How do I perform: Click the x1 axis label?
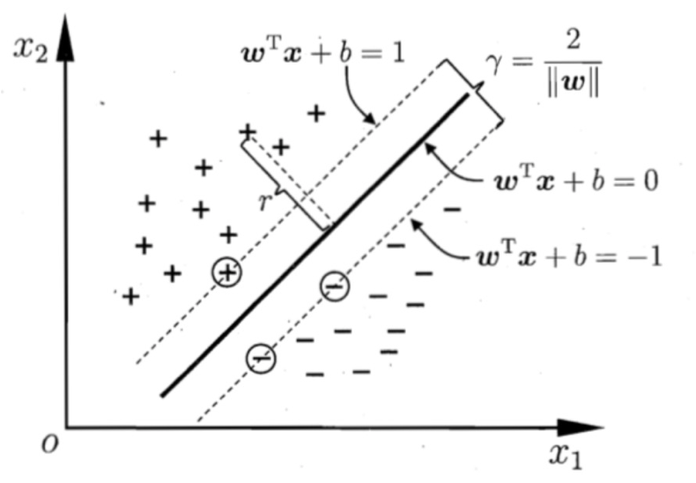pos(566,456)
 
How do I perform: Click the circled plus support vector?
pos(227,271)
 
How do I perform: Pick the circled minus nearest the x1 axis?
pos(260,358)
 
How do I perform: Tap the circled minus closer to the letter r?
pos(335,285)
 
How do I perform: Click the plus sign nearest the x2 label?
pos(158,138)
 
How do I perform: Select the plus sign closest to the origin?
pos(130,296)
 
